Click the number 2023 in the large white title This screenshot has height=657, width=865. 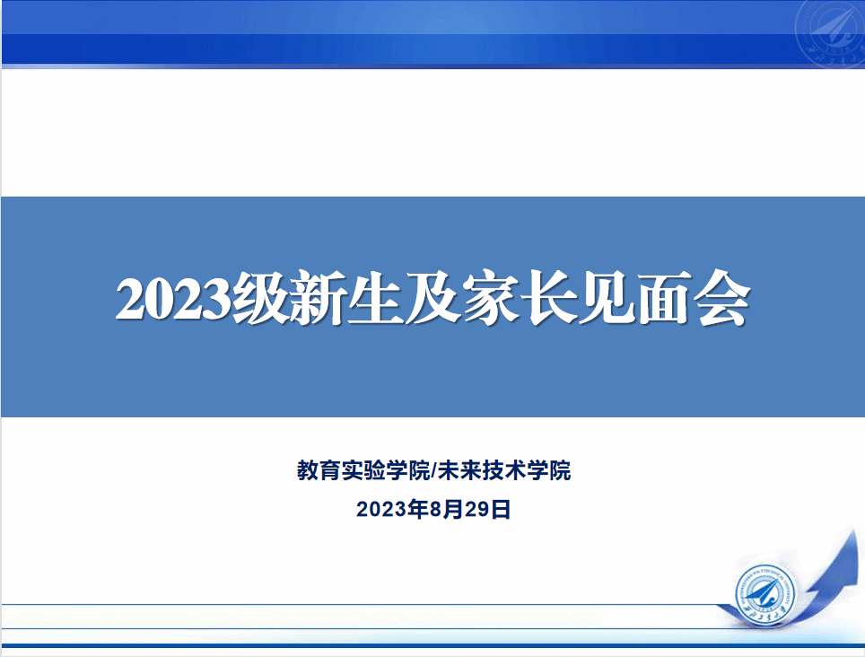[172, 299]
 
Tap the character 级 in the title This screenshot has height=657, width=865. [260, 298]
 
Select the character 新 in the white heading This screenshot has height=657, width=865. [319, 298]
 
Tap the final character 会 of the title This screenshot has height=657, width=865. [722, 298]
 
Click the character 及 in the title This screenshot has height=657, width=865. [433, 298]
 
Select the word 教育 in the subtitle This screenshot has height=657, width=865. [319, 470]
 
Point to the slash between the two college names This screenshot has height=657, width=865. [433, 471]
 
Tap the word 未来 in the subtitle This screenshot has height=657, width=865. [459, 470]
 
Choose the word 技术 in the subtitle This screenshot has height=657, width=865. [504, 470]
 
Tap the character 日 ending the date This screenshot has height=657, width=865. [501, 509]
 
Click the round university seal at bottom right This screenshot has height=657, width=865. [765, 594]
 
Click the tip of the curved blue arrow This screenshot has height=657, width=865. [856, 530]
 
